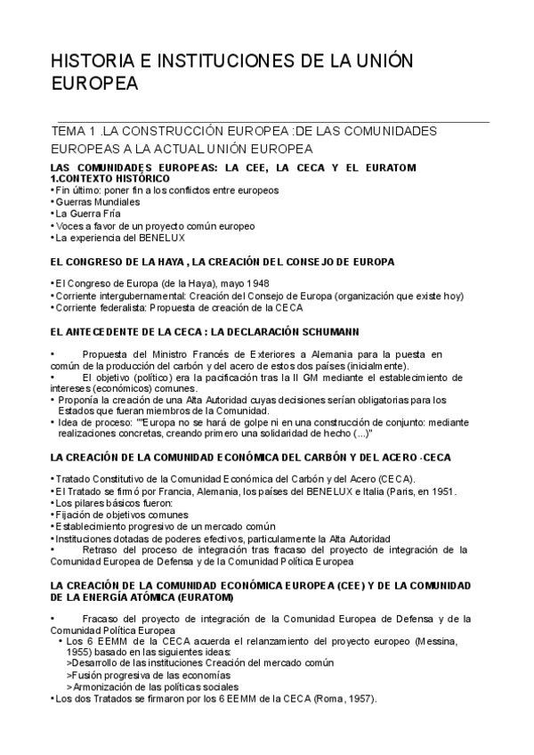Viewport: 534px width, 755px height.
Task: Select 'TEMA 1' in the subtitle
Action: coord(71,131)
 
